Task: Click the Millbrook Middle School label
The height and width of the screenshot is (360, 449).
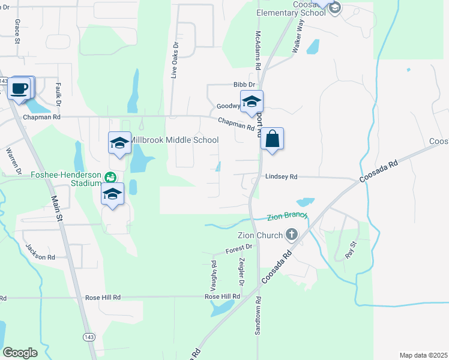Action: (x=174, y=140)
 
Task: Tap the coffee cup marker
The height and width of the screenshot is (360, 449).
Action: (x=19, y=88)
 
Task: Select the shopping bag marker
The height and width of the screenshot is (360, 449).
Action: (x=272, y=139)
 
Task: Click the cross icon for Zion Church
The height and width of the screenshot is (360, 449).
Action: (x=292, y=235)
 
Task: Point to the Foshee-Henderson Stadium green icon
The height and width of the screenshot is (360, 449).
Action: (x=110, y=176)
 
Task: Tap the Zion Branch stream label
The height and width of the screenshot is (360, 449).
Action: (x=288, y=216)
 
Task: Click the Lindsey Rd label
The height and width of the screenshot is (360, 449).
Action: (x=281, y=177)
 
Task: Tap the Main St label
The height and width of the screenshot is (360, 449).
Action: (x=58, y=208)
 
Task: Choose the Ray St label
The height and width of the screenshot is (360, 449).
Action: (x=351, y=249)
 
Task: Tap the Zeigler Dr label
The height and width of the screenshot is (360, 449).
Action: (x=242, y=271)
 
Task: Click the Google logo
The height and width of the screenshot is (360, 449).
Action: (x=20, y=353)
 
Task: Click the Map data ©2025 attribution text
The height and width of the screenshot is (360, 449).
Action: (x=423, y=355)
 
